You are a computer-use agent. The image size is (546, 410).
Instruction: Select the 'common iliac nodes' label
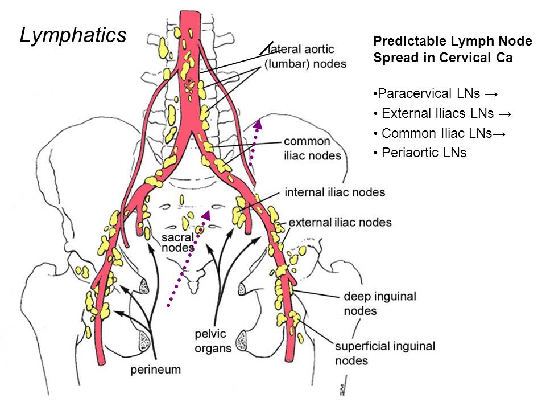312,148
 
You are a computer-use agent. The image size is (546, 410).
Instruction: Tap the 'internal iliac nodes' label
334,192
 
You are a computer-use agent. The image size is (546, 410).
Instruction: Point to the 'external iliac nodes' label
340,222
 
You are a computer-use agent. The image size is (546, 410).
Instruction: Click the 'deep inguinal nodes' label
380,304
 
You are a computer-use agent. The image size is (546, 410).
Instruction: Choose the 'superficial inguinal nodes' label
385,353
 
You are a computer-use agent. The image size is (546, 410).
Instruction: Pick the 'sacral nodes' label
178,243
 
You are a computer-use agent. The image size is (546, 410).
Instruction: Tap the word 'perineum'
156,370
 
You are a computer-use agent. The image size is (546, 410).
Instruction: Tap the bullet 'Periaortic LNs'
420,153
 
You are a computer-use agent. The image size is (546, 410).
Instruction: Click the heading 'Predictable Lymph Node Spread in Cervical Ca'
452,49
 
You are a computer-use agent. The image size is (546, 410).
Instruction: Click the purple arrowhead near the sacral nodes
206,215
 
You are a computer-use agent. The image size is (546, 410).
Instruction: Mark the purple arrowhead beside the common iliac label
258,124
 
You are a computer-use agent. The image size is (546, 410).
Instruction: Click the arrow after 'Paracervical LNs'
491,94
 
